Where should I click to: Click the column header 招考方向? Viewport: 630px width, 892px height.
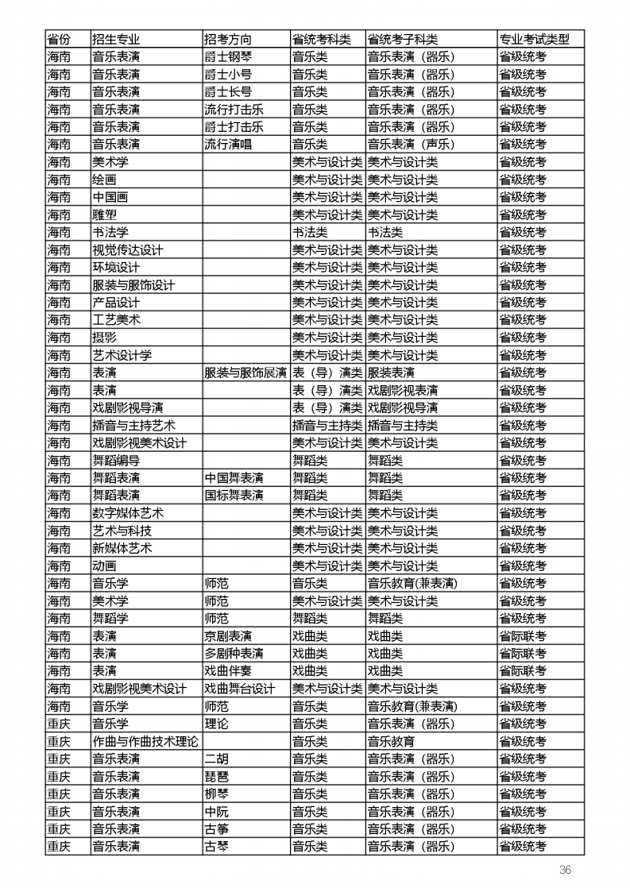point(229,40)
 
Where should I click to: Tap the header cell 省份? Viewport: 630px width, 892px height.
point(59,40)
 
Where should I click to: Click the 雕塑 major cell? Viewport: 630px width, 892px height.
point(104,214)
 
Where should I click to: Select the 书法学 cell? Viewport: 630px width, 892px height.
point(110,232)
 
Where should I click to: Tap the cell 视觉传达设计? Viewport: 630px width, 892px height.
point(128,249)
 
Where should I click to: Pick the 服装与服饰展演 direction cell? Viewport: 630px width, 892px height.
point(245,373)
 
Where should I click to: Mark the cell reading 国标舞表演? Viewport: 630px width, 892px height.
point(234,495)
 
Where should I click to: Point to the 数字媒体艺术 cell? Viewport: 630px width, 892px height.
point(128,512)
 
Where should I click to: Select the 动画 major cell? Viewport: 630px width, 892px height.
point(104,566)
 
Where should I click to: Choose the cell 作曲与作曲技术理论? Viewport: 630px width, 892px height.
point(145,741)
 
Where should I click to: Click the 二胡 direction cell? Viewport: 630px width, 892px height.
point(216,759)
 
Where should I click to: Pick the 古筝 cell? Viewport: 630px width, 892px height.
point(216,828)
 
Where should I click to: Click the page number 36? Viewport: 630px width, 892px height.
point(565,869)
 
